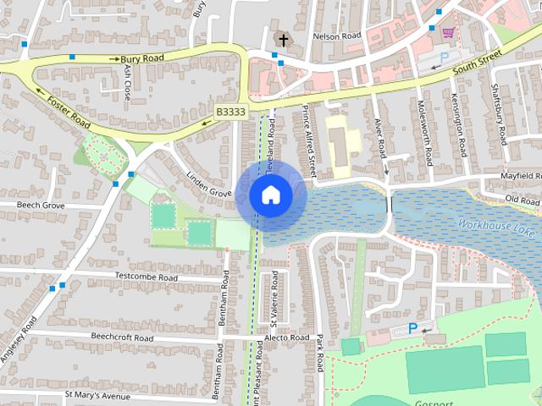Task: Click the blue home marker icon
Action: [x=270, y=195]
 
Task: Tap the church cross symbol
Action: [x=282, y=40]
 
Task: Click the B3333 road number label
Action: [x=230, y=112]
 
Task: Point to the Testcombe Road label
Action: [x=145, y=277]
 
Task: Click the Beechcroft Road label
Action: [x=113, y=337]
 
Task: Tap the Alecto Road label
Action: [x=287, y=337]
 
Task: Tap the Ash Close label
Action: [x=129, y=82]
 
